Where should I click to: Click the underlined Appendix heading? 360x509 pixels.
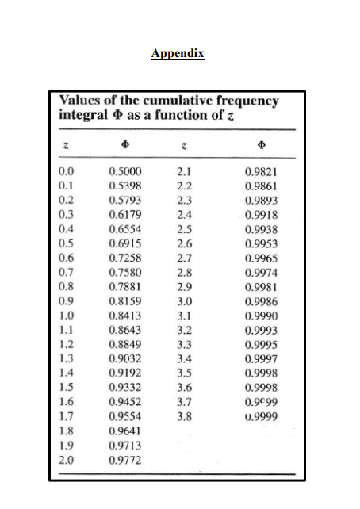coord(178,54)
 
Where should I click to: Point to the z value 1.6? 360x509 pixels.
coord(66,400)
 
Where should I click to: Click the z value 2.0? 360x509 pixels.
coord(66,457)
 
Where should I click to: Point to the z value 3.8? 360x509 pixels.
coord(183,415)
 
